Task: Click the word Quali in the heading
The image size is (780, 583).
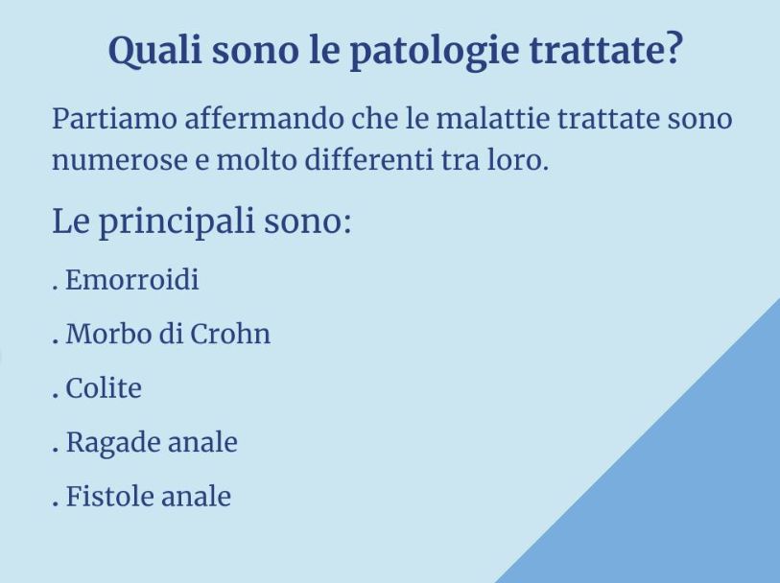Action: pos(155,51)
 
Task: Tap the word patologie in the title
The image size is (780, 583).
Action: pos(435,52)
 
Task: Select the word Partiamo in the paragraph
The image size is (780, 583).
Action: pos(114,119)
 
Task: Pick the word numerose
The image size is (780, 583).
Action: pos(119,161)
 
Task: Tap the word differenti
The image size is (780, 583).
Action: pos(368,159)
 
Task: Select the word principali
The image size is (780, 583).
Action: pos(177,222)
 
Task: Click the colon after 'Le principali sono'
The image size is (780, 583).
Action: pos(346,225)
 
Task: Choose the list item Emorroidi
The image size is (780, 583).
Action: pos(131,279)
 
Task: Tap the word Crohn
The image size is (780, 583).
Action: pos(230,333)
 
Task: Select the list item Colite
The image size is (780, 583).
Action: pos(104,387)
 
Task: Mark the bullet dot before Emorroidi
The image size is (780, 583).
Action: pos(55,288)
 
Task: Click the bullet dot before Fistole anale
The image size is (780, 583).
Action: pos(55,504)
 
